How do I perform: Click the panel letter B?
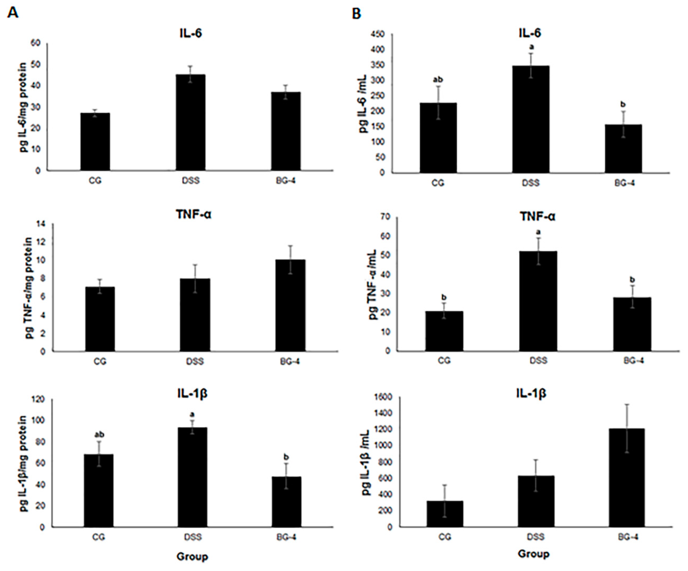pyautogui.click(x=356, y=13)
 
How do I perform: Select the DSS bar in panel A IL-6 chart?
pyautogui.click(x=191, y=122)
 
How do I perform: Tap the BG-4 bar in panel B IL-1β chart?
pyautogui.click(x=626, y=477)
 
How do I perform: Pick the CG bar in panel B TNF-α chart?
pyautogui.click(x=444, y=331)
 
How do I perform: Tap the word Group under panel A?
pyautogui.click(x=192, y=556)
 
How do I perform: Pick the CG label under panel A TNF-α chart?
pyautogui.click(x=100, y=362)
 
